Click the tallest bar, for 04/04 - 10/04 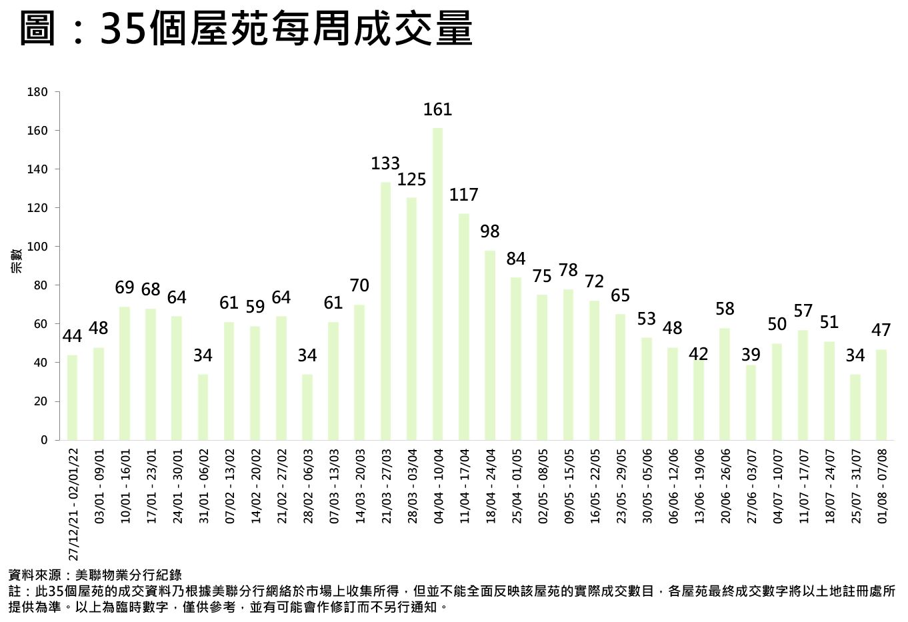(x=438, y=283)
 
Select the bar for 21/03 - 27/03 (x=385, y=311)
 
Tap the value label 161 (x=438, y=109)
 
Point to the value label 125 (x=411, y=179)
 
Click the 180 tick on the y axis (x=37, y=92)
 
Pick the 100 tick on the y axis (x=37, y=247)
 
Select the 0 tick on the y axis (x=44, y=440)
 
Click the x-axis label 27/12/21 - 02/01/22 (x=73, y=504)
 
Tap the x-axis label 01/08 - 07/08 (x=882, y=486)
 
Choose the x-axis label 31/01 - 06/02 (x=203, y=486)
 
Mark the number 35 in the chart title (x=123, y=30)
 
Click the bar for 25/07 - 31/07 (x=855, y=407)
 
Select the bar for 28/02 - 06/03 (x=307, y=407)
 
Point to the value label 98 (x=490, y=231)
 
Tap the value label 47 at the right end (x=881, y=331)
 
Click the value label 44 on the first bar (x=73, y=337)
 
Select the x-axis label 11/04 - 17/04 (x=464, y=486)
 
